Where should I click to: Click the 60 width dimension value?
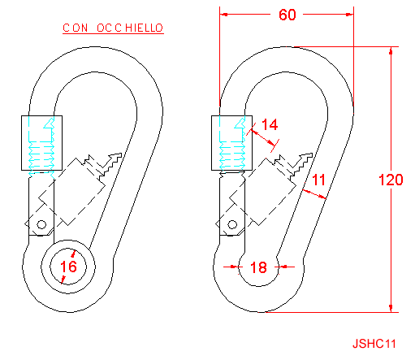287,15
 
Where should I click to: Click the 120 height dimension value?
391,180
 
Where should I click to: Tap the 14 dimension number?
270,124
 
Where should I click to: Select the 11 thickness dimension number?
318,180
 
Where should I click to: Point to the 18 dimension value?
258,267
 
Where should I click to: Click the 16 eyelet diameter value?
68,267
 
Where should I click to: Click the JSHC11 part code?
374,344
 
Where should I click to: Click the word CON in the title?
76,28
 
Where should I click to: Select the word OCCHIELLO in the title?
130,28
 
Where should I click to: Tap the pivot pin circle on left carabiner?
41,224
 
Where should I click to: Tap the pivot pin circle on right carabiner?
232,224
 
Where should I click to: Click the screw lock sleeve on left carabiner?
41,143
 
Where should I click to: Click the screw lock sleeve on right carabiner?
231,143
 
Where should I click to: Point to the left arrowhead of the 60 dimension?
223,15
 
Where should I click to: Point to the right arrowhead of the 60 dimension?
350,15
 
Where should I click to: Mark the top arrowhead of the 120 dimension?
391,51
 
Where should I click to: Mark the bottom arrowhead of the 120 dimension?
391,308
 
